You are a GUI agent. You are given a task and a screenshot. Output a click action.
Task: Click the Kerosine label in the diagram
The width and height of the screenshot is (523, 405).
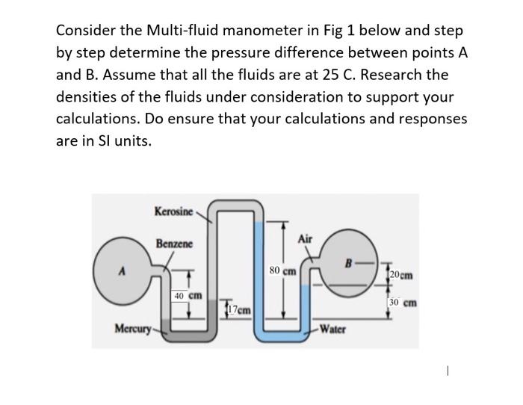pos(173,211)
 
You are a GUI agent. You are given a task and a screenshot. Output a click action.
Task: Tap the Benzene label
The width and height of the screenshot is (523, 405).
pos(174,244)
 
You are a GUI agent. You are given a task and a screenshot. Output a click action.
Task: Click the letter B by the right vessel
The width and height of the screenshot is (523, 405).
pos(347,262)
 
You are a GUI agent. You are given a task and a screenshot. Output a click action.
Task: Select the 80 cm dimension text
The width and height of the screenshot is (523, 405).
pos(282,270)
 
